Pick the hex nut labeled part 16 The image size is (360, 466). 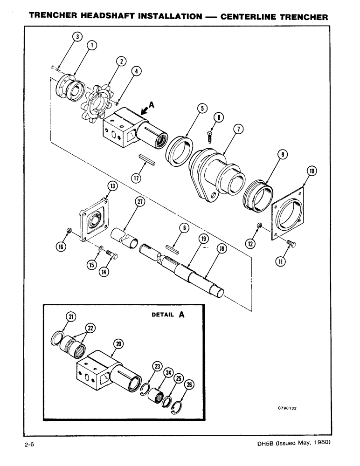(69, 230)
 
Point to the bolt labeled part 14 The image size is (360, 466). (111, 255)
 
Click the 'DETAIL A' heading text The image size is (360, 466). (168, 315)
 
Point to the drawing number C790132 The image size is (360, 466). (287, 407)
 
